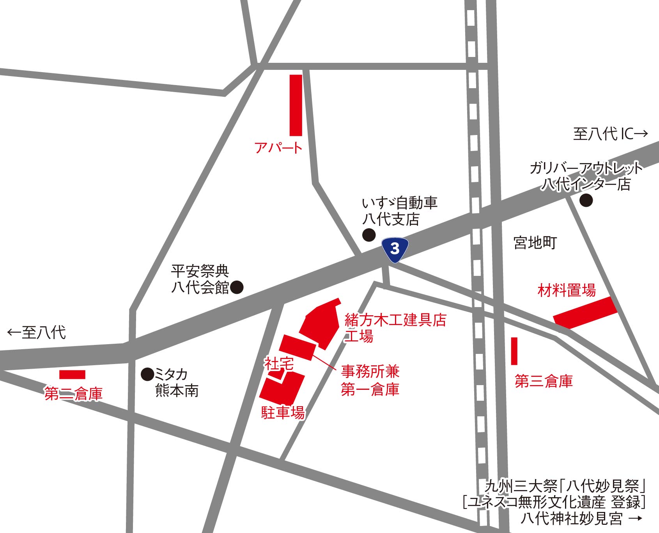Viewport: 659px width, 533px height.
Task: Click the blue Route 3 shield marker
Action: tap(395, 249)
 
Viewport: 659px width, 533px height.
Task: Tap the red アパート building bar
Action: tap(296, 105)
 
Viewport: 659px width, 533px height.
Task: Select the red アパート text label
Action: tap(278, 148)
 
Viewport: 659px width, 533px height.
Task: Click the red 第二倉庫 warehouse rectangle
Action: tap(72, 375)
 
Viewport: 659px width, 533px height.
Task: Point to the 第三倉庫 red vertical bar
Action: tap(514, 351)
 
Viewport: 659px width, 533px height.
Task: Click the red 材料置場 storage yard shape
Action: tap(585, 313)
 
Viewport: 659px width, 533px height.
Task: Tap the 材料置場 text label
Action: tap(567, 291)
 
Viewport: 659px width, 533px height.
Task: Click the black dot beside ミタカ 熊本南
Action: tap(147, 375)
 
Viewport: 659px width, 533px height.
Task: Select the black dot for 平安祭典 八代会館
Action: tap(237, 287)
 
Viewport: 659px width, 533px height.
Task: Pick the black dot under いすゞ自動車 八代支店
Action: tap(369, 235)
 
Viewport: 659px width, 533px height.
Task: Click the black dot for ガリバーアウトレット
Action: tap(586, 201)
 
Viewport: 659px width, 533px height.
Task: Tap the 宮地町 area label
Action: tap(535, 243)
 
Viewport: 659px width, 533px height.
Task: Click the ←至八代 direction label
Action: tap(37, 332)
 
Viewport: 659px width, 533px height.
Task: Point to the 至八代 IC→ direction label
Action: tap(610, 134)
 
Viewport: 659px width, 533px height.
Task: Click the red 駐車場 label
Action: tap(283, 412)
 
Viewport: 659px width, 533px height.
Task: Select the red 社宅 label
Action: tap(279, 364)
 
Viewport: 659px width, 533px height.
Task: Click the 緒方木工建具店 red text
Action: tap(395, 320)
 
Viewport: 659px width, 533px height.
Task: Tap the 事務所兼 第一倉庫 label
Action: tap(370, 380)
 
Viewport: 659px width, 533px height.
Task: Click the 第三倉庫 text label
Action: tap(544, 381)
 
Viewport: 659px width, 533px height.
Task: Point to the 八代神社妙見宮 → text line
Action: tap(581, 519)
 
